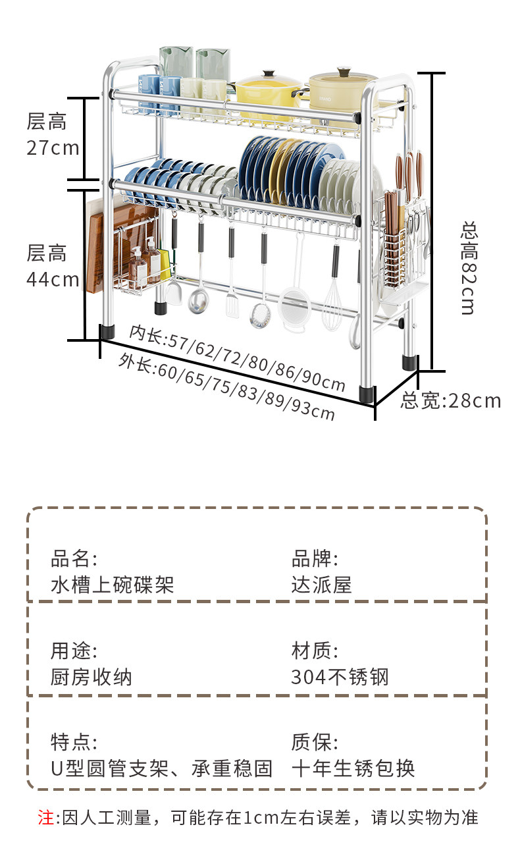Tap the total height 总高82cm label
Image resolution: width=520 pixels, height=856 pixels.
point(468,268)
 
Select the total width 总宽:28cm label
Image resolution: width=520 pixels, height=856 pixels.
point(451,400)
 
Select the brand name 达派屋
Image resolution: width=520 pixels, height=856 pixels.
point(321,584)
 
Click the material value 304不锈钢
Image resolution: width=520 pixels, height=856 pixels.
point(340,676)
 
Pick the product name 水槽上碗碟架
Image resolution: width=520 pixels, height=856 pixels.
point(112,584)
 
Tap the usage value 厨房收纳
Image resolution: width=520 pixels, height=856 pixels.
point(91,676)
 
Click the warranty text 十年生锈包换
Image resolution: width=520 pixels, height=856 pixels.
point(353,768)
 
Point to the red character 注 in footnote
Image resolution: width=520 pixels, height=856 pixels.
point(45,818)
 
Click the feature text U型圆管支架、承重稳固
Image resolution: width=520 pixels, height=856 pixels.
point(161,768)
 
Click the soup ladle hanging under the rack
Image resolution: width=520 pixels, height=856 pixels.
point(197,296)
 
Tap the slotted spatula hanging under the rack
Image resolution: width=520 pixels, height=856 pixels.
point(232,300)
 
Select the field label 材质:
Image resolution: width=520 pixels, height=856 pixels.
point(315,651)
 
